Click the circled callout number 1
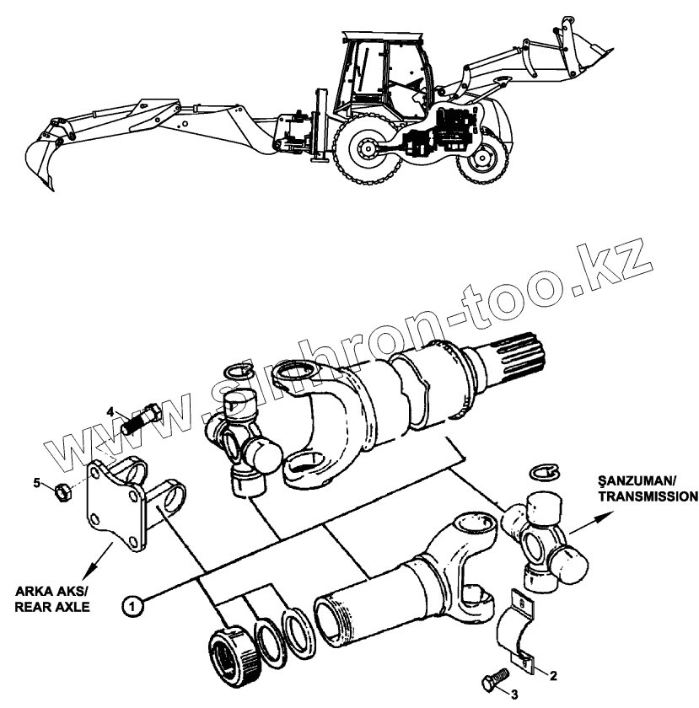[132, 603]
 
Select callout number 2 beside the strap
[552, 674]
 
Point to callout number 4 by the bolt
[110, 411]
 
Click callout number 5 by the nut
[36, 482]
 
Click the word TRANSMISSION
[647, 496]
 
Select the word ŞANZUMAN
[634, 481]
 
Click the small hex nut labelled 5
[62, 488]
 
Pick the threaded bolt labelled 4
[142, 418]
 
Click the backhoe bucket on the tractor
[43, 157]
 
